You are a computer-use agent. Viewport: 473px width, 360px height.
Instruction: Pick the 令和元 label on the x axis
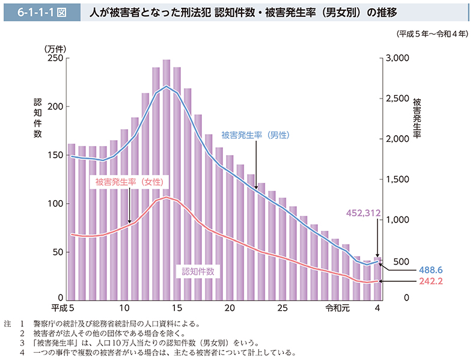click(x=336, y=308)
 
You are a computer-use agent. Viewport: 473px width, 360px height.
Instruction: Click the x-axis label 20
click(x=229, y=308)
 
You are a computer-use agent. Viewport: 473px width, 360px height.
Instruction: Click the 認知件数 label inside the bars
click(x=198, y=270)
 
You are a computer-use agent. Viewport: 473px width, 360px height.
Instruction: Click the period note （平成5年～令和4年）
click(x=432, y=34)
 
